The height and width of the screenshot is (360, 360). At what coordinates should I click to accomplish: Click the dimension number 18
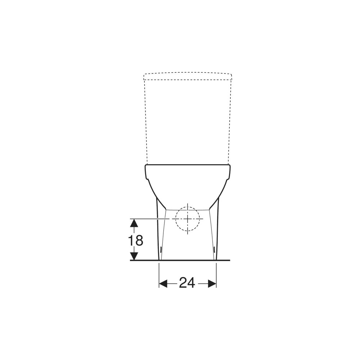point(135,240)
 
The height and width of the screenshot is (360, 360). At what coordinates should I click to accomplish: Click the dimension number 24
point(187,283)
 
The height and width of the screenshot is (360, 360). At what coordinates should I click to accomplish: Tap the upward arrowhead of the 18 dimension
point(134,223)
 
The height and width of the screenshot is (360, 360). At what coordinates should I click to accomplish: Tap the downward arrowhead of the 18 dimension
point(134,256)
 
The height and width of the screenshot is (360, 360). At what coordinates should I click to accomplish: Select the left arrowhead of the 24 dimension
point(163,284)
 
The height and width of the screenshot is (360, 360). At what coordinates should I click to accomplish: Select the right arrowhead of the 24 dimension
point(212,284)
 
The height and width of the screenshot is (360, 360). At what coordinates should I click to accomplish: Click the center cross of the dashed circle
point(188,219)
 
